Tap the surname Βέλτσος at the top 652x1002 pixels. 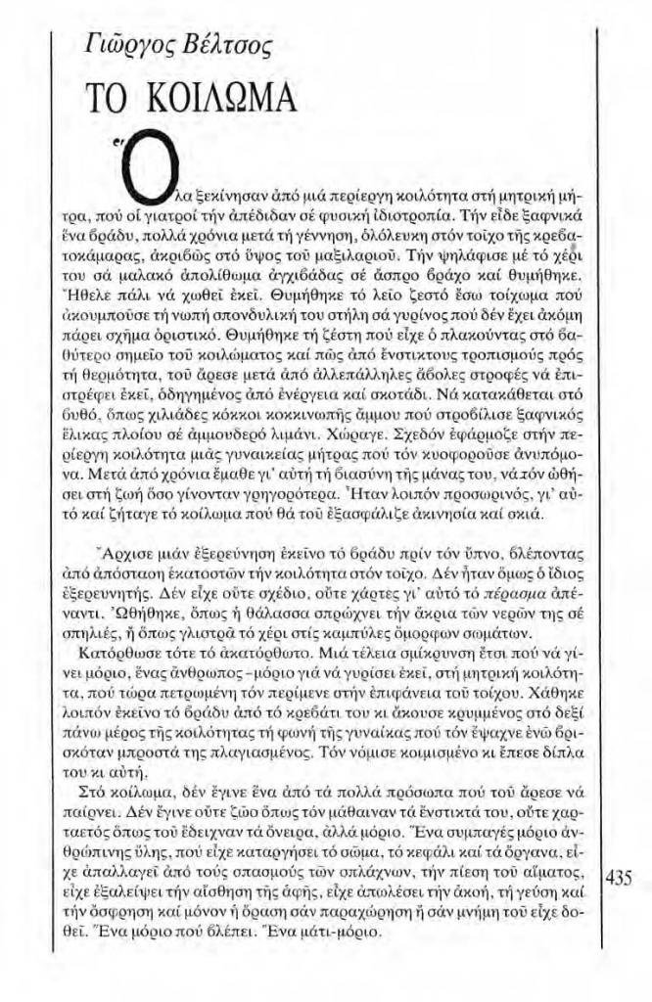[x=230, y=42]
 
